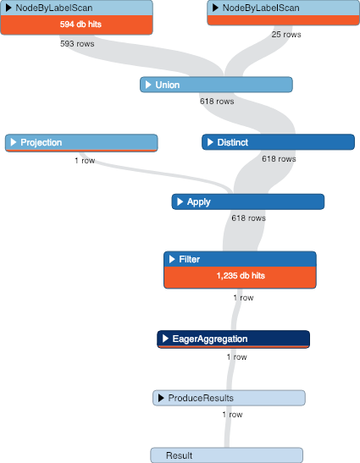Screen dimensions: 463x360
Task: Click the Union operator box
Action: point(216,85)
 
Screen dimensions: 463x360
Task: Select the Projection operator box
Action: point(80,142)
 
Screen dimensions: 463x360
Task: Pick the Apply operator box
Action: point(247,201)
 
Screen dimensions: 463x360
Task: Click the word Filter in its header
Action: point(190,258)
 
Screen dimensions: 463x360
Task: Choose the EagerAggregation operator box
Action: point(233,339)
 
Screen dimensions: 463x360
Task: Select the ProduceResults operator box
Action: point(229,398)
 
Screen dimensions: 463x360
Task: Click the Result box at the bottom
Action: point(226,455)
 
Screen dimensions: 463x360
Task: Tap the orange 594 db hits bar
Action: point(76,25)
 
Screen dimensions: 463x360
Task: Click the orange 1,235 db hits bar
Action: point(240,277)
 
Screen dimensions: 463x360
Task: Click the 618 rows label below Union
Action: point(217,101)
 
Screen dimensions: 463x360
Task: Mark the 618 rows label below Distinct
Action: point(278,158)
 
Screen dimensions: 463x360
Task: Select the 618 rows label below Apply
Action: point(249,218)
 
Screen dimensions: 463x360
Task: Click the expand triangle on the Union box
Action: point(149,85)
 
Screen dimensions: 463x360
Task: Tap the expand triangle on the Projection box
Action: point(14,142)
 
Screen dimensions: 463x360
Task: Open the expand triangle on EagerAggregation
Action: point(166,339)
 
